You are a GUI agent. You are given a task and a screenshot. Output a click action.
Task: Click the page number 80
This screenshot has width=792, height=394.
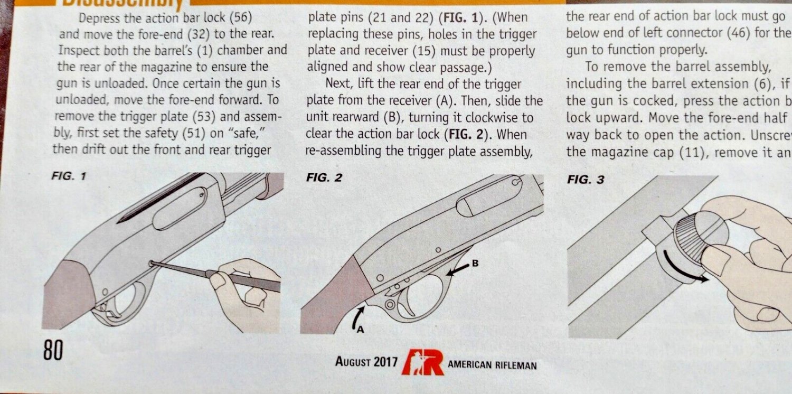pyautogui.click(x=52, y=350)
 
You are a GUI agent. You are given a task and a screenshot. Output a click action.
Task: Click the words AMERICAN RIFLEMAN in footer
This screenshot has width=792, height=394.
pyautogui.click(x=492, y=365)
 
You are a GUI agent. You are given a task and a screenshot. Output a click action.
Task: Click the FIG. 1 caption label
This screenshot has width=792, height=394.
pyautogui.click(x=69, y=177)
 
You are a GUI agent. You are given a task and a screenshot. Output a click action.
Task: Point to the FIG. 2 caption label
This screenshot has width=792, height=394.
pyautogui.click(x=324, y=178)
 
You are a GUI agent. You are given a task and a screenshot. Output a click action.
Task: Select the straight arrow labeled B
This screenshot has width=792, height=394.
pyautogui.click(x=457, y=269)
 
